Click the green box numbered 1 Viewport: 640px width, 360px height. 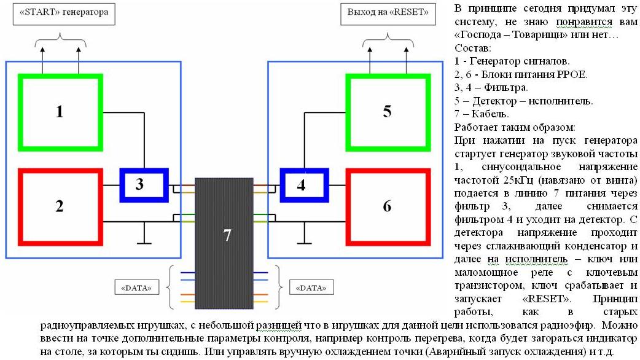click(x=60, y=112)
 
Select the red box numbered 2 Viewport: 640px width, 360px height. click(x=60, y=206)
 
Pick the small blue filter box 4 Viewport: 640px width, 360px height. click(x=302, y=185)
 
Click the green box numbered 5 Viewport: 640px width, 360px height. click(x=386, y=112)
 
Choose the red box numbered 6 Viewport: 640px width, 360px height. click(x=386, y=206)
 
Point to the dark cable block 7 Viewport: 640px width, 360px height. click(x=227, y=235)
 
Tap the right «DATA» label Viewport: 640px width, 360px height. click(x=311, y=287)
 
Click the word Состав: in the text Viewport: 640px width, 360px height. click(x=473, y=48)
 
